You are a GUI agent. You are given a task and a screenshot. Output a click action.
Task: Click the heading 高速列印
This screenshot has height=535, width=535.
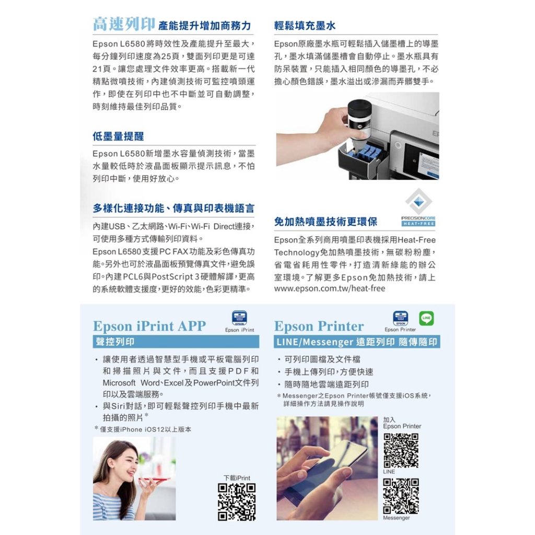tap(124, 24)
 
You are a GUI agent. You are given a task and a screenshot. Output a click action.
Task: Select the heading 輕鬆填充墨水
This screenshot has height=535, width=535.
tap(305, 26)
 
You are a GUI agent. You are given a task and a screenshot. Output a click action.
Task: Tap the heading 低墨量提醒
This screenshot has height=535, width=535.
tap(118, 136)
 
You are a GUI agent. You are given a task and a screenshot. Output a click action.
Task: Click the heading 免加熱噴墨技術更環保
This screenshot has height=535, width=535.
tap(325, 222)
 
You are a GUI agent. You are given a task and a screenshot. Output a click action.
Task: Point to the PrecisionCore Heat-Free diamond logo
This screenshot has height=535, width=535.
tap(418, 202)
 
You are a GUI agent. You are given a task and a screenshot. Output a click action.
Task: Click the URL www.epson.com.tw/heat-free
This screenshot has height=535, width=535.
tap(330, 288)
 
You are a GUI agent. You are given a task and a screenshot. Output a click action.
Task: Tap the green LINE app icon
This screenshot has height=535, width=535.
tap(426, 318)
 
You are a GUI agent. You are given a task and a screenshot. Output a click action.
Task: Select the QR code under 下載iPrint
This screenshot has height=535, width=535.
tap(237, 502)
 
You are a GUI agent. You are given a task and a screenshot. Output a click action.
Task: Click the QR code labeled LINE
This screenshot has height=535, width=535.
tap(401, 450)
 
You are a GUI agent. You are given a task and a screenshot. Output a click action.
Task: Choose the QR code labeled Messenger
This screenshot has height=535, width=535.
tap(401, 496)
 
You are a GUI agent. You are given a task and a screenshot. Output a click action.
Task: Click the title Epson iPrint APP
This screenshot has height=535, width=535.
tap(149, 326)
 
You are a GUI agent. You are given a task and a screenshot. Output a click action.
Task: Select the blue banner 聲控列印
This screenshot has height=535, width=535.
tap(176, 342)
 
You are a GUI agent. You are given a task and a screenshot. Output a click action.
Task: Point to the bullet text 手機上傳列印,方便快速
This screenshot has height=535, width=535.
tap(329, 372)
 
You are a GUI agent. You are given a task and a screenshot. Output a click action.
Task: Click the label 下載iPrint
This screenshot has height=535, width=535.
tap(237, 478)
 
